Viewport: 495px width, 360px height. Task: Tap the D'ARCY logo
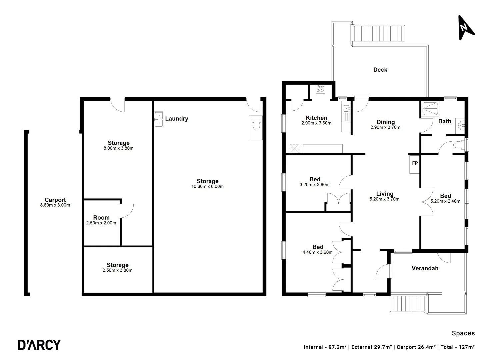(39, 345)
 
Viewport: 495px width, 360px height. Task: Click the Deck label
(380, 70)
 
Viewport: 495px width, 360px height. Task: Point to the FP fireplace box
(415, 164)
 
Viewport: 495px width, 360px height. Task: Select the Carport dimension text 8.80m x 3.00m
(55, 205)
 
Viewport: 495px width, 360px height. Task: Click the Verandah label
(425, 268)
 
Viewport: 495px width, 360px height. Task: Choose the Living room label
(385, 194)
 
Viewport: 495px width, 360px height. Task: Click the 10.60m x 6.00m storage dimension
(207, 187)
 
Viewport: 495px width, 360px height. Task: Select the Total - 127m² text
(458, 347)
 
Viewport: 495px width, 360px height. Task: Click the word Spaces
(463, 333)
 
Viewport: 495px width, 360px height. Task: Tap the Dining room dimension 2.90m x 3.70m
(385, 127)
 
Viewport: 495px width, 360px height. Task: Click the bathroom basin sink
(461, 125)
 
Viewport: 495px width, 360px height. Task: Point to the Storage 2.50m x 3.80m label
(117, 265)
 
